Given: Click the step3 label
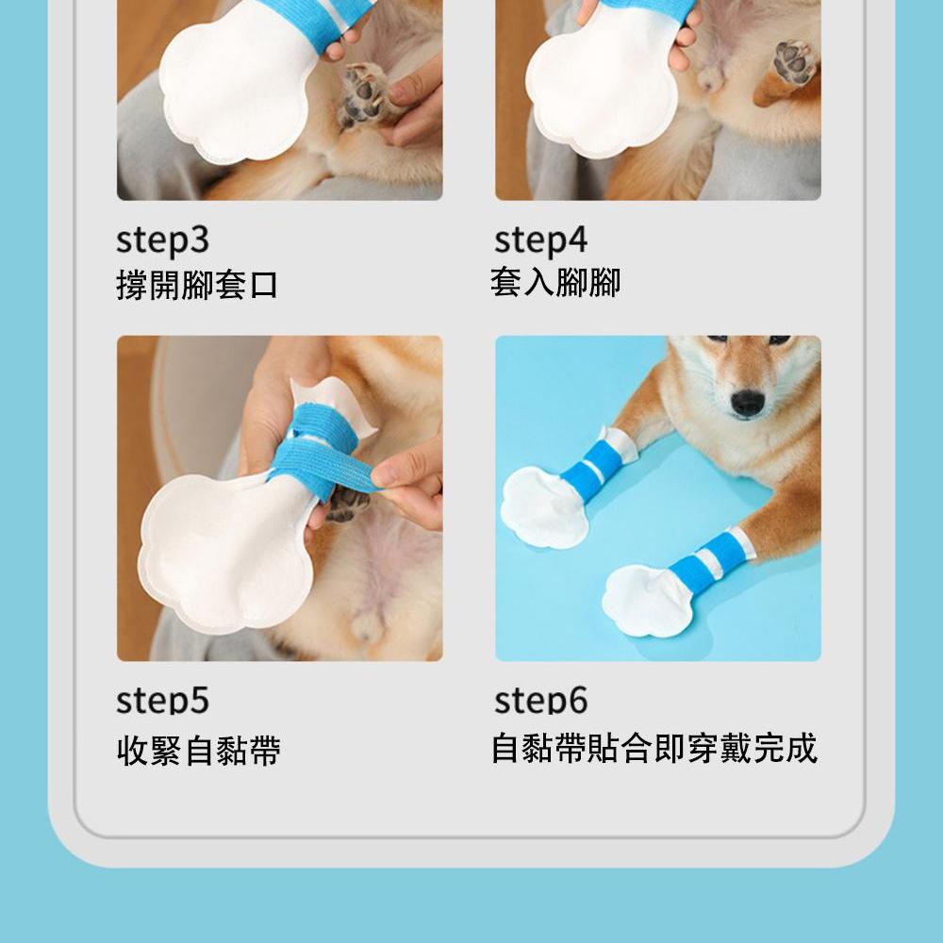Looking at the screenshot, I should coord(162,242).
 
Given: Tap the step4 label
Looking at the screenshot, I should coord(540,242).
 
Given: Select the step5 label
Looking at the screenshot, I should coord(162,701).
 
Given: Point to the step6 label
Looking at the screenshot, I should coord(540,701).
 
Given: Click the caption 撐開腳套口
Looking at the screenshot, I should coord(197,285).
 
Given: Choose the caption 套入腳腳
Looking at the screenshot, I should coord(555,282).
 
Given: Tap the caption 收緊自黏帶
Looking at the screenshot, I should coord(198,752).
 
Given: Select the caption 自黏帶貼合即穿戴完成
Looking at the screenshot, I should coord(653,748).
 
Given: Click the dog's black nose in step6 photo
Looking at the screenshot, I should coord(748,403).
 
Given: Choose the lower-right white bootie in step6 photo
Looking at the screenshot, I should coord(646,601).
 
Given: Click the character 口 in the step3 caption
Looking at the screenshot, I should coord(264,285).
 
